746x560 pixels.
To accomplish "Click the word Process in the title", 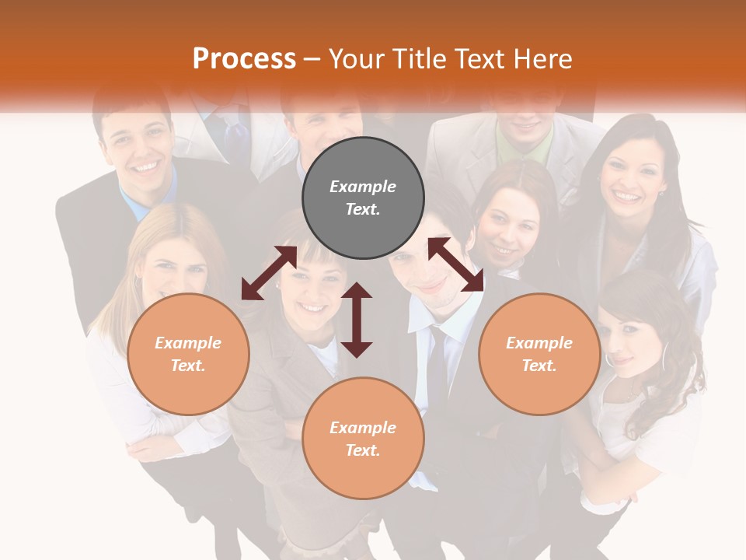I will (244, 59).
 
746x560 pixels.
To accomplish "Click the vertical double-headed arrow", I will (357, 320).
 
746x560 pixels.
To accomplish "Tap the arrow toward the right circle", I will (455, 264).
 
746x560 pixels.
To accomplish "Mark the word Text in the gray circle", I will (363, 209).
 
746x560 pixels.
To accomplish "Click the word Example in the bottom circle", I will (363, 428).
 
